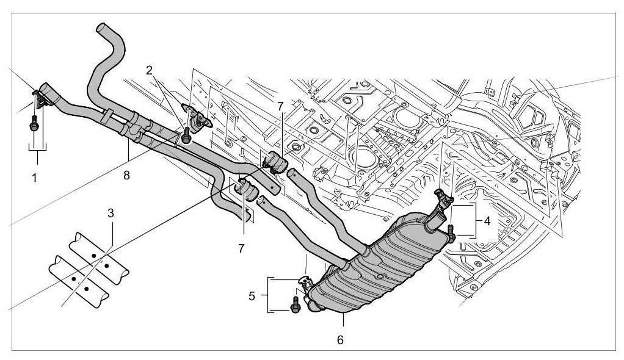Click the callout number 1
[35, 178]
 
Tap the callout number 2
[148, 70]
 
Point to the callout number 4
[487, 221]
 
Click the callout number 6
[340, 339]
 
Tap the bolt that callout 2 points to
[187, 135]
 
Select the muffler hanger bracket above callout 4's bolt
[442, 198]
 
